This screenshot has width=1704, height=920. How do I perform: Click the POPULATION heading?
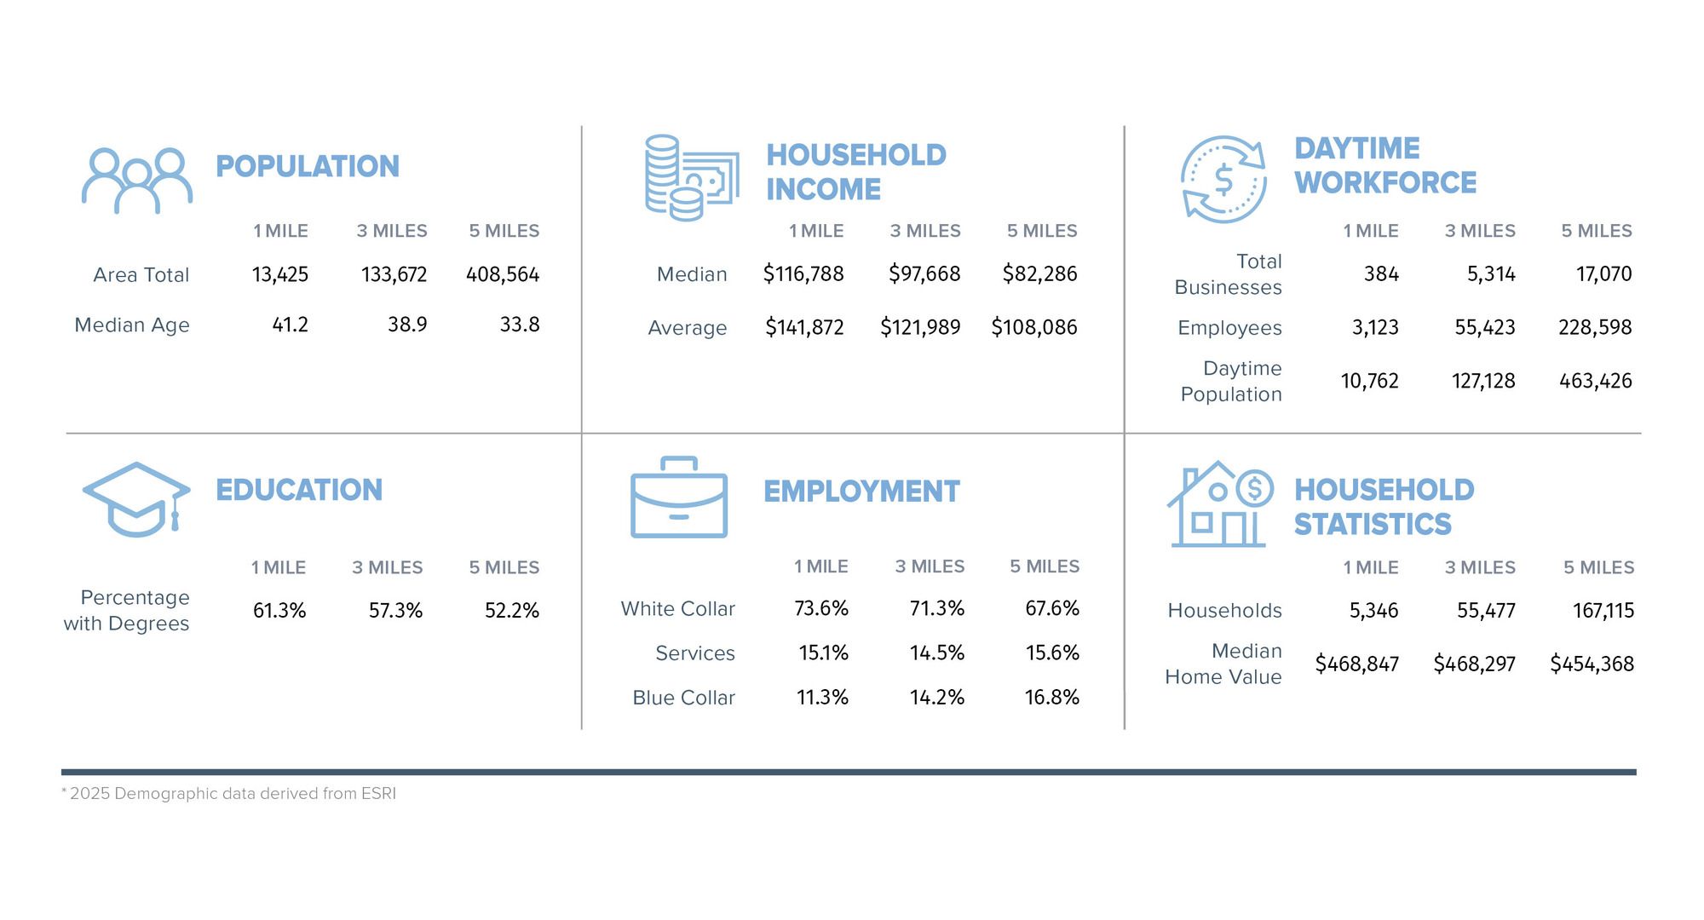pos(308,166)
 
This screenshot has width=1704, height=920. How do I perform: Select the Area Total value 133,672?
pos(394,275)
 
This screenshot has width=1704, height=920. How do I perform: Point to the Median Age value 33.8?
pos(520,325)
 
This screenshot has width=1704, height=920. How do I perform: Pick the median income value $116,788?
pos(803,274)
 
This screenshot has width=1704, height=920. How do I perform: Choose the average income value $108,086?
pos(1034,327)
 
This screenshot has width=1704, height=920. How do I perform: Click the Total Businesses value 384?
pos(1381,274)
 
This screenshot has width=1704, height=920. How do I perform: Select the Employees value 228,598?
pos(1595,328)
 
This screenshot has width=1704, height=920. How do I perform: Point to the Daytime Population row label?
pos(1231,382)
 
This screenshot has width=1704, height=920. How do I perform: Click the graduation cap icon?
pos(136,499)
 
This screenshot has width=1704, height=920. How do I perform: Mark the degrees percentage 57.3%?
pos(395,611)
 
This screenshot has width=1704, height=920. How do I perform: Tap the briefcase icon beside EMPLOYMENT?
pos(679,497)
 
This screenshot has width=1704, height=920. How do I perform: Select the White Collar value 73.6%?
pos(821,609)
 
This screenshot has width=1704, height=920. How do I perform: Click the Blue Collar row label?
pos(683,698)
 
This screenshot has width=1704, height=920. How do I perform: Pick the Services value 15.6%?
pos(1052,653)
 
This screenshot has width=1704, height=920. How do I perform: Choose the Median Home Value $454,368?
pos(1592,664)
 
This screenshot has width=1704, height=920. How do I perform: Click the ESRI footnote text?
pos(229,794)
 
